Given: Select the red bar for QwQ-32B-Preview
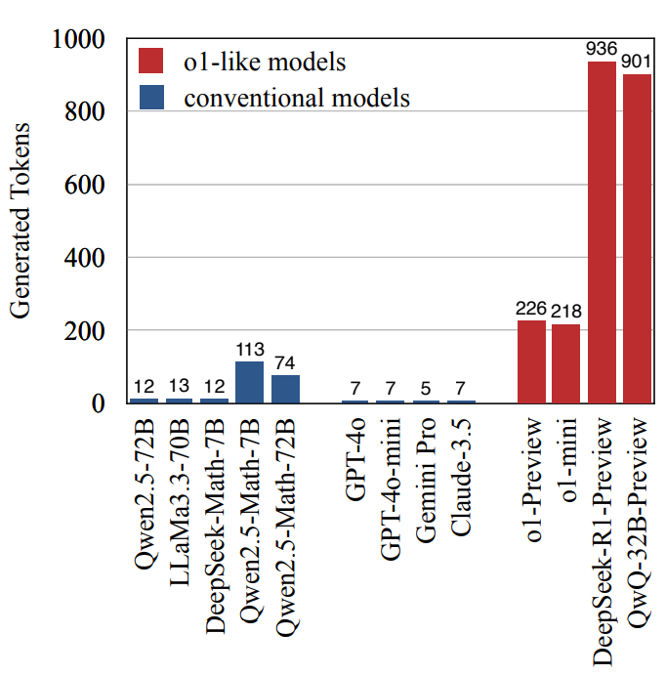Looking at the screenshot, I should [x=637, y=238].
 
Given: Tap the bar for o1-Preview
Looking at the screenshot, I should [x=531, y=361].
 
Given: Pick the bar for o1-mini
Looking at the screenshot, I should [x=566, y=363].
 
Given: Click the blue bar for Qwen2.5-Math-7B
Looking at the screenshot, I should [x=250, y=382].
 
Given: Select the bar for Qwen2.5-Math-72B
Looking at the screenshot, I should [x=285, y=389].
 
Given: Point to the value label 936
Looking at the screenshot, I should [x=602, y=48].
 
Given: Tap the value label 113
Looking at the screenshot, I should [x=250, y=349].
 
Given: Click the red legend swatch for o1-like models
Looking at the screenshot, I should [x=151, y=62].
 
